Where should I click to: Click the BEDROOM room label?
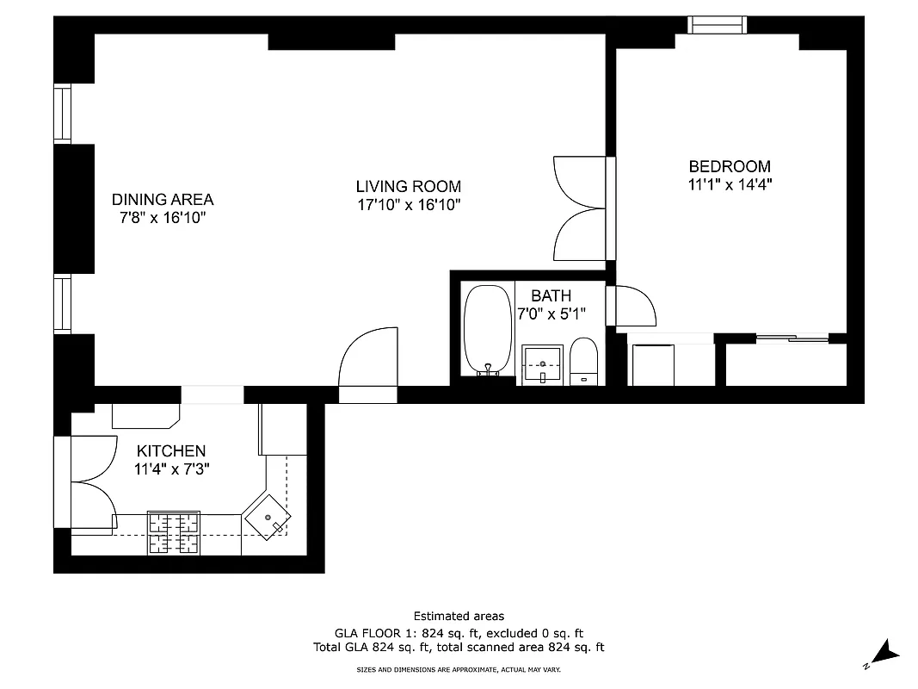[730, 166]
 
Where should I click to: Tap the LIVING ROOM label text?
[409, 186]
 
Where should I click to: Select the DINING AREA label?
[163, 200]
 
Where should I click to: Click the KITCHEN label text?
[171, 451]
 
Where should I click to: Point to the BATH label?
[551, 295]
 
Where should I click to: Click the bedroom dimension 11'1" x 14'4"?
[730, 184]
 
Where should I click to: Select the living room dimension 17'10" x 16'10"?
[409, 205]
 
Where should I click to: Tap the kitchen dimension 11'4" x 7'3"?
[171, 469]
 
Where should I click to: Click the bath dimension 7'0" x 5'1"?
[551, 314]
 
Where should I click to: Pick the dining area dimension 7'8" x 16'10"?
[163, 218]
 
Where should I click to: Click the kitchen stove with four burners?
[174, 532]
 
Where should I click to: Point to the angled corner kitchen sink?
[268, 518]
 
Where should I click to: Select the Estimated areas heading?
[459, 616]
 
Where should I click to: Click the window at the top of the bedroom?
[717, 24]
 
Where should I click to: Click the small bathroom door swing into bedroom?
[633, 305]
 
